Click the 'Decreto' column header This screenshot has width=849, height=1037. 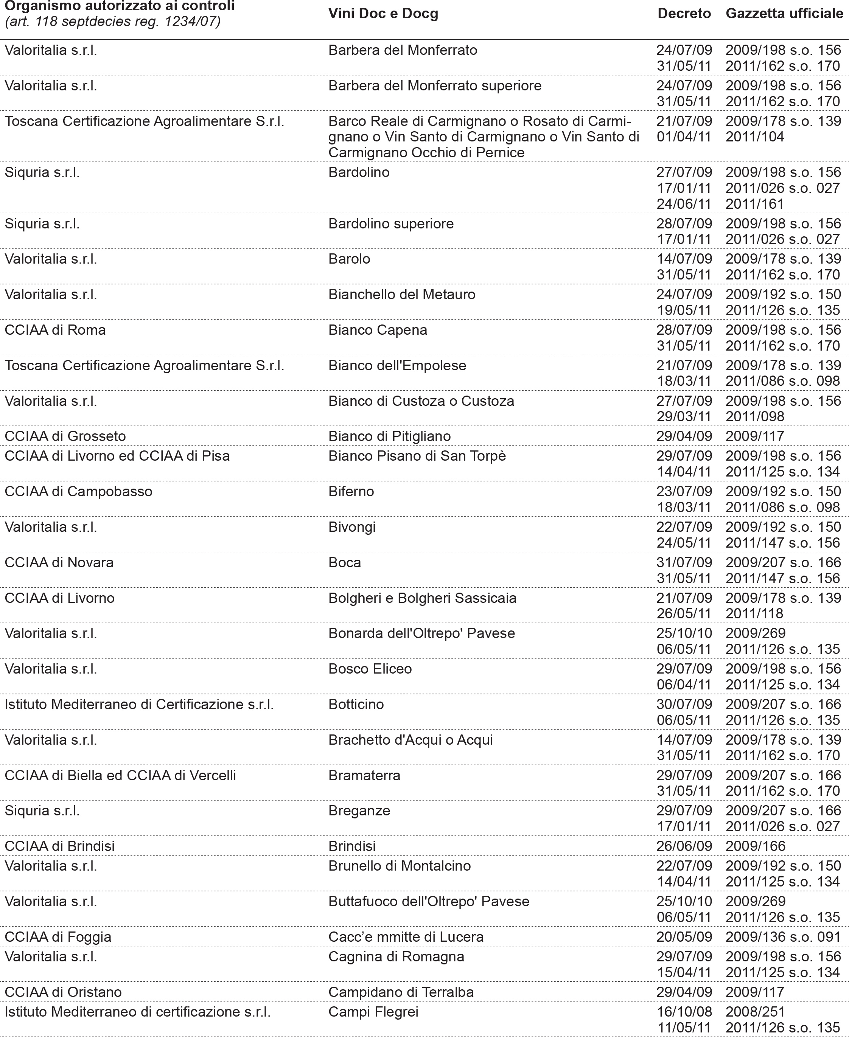[x=684, y=14]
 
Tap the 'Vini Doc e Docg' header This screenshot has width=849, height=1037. [x=383, y=14]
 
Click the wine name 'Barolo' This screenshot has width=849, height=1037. [x=349, y=259]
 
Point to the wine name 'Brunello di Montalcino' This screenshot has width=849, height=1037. [x=399, y=866]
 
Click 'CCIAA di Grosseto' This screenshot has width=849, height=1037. [x=65, y=436]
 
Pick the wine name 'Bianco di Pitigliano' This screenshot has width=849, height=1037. [x=389, y=436]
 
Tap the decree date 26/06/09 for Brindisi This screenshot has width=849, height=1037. [x=684, y=846]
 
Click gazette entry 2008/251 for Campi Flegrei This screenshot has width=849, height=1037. [x=755, y=1012]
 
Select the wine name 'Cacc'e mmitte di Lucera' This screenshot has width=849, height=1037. [x=406, y=937]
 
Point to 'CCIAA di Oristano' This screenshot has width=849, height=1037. [x=63, y=992]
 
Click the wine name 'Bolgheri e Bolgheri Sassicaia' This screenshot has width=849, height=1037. [x=422, y=598]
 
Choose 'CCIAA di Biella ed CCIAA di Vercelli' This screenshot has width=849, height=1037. [x=120, y=775]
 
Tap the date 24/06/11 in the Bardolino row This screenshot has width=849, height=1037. [x=684, y=204]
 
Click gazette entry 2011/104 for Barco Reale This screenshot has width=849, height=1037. [x=755, y=137]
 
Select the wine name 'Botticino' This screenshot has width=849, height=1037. [x=356, y=705]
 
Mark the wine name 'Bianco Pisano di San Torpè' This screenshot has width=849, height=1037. [x=417, y=456]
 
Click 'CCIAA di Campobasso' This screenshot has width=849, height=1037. [x=78, y=491]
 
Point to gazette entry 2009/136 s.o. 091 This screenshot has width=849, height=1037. [x=782, y=937]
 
